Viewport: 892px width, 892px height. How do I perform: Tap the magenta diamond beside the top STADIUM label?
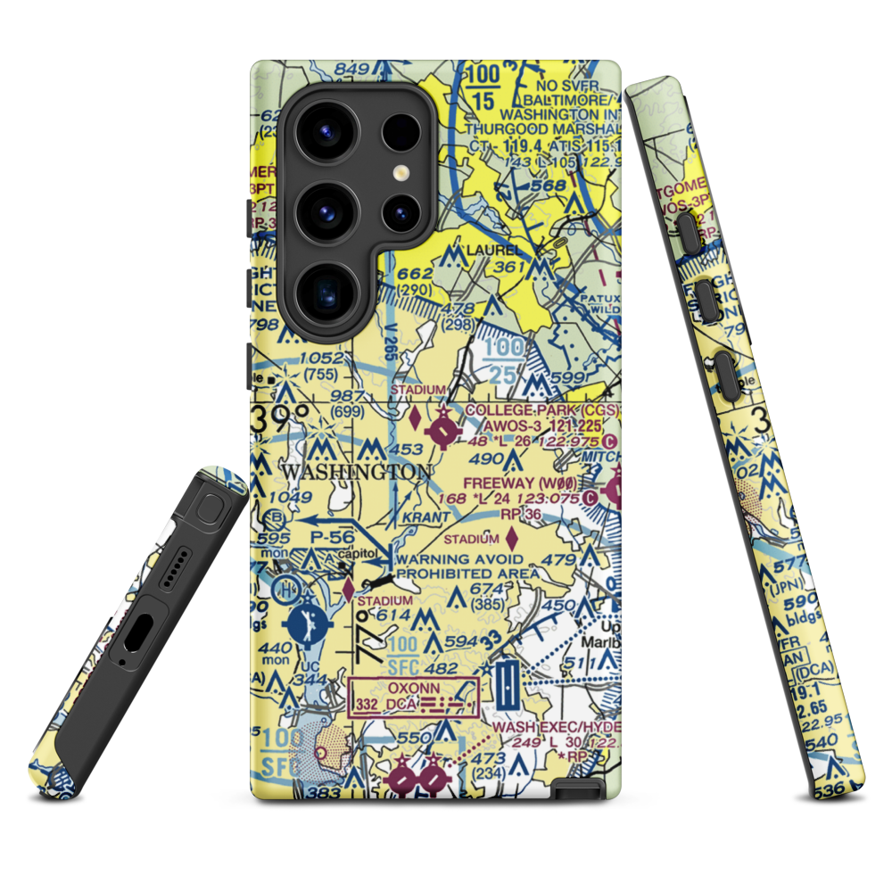(415, 414)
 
